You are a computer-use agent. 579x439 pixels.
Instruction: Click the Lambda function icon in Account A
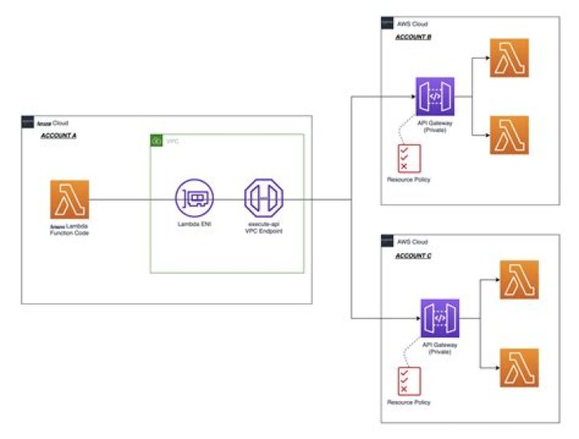[x=69, y=200]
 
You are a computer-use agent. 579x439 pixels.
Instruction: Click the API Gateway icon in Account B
[x=435, y=97]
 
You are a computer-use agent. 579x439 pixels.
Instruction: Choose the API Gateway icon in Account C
[x=439, y=318]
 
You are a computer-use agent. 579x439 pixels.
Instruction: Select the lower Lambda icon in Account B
[x=509, y=135]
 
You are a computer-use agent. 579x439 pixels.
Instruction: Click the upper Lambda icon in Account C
[x=519, y=280]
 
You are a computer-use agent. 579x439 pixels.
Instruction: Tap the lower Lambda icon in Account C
[x=519, y=367]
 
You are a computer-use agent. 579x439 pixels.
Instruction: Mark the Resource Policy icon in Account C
[x=410, y=380]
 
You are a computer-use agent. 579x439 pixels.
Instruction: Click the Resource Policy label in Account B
[x=409, y=179]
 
